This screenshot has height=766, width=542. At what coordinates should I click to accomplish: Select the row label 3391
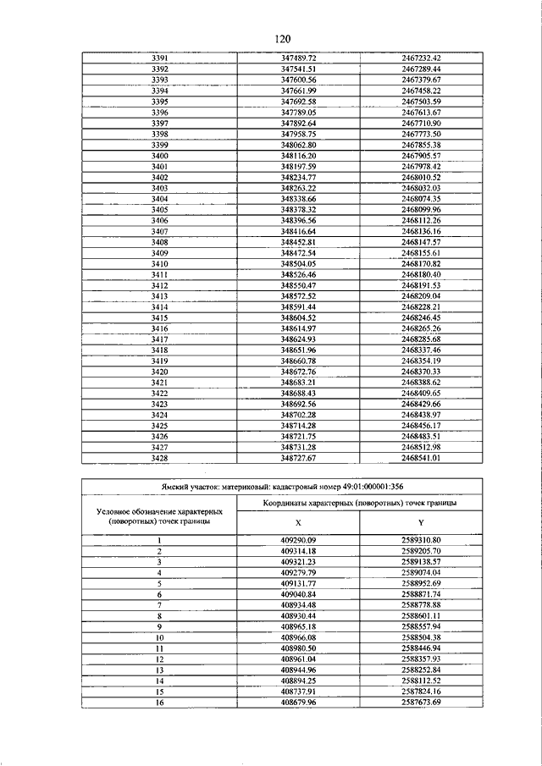[159, 58]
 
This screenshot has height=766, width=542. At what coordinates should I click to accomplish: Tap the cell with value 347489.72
[298, 58]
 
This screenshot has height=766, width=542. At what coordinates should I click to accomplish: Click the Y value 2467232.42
[422, 58]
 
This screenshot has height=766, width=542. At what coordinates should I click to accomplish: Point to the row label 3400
[159, 157]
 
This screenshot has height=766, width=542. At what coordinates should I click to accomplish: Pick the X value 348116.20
[298, 157]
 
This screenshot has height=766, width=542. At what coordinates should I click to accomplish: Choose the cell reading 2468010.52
[422, 178]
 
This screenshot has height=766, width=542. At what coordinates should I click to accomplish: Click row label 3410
[159, 264]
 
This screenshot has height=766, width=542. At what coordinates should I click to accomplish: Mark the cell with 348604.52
[298, 317]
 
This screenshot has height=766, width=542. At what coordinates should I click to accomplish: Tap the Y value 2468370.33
[422, 372]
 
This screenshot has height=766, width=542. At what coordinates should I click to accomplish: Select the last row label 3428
[159, 458]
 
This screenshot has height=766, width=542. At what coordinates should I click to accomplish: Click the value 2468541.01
[422, 458]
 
